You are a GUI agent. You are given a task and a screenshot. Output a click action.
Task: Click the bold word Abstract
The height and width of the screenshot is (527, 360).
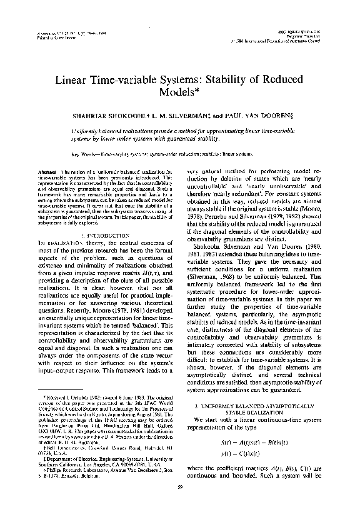[47, 170]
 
